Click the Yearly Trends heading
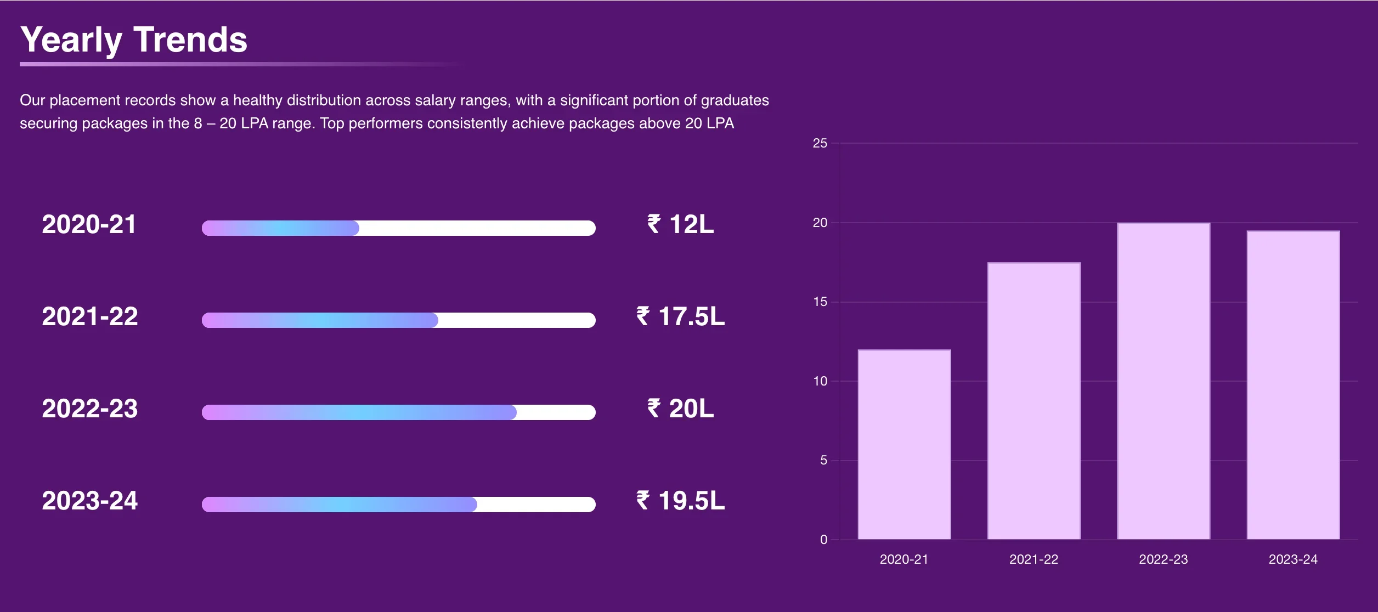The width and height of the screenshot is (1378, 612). (x=134, y=40)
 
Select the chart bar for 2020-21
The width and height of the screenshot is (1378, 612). (x=904, y=444)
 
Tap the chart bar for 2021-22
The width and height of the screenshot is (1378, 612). (x=1033, y=401)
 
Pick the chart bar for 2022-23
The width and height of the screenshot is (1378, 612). (x=1164, y=381)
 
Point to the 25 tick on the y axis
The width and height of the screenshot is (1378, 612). (x=820, y=143)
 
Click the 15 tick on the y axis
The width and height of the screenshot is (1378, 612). (x=820, y=302)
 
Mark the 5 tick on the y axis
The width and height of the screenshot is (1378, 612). (x=823, y=460)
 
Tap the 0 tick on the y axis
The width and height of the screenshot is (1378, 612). (x=823, y=540)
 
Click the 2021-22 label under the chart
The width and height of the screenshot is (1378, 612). (x=1033, y=559)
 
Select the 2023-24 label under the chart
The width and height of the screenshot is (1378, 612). (x=1293, y=559)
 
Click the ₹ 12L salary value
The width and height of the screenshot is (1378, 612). (x=680, y=224)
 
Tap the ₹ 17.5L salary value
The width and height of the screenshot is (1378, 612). (x=680, y=316)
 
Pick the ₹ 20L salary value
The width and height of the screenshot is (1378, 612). (x=680, y=409)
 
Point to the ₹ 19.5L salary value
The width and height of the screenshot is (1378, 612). (x=680, y=501)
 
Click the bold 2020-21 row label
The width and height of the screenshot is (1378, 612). (x=89, y=224)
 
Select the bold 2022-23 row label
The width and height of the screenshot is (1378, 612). (x=89, y=409)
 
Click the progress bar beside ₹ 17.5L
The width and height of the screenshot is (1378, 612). (x=398, y=320)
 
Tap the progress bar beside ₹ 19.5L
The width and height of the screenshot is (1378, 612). (x=398, y=505)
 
